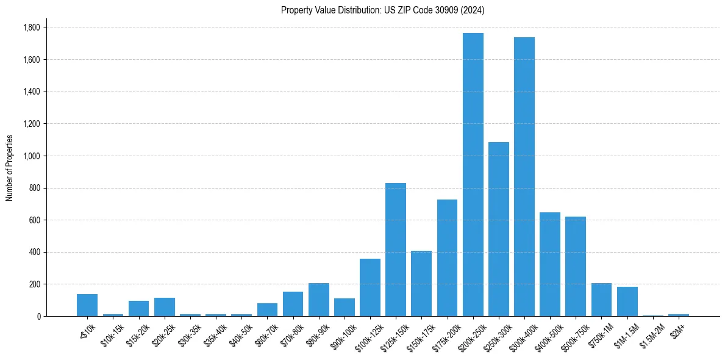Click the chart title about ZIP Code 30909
click(382, 10)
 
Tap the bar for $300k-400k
click(524, 177)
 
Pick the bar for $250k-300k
click(498, 229)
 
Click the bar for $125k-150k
click(396, 250)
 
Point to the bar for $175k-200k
click(447, 258)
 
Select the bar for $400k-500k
click(549, 264)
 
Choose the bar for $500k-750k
click(575, 267)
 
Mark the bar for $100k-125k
click(370, 287)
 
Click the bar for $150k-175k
click(421, 284)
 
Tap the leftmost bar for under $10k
click(87, 305)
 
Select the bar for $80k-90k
click(318, 300)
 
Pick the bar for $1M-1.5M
click(627, 301)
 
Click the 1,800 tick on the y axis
click(31, 27)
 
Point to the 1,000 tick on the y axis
click(31, 156)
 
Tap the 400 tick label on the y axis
click(35, 252)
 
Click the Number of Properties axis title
click(10, 168)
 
